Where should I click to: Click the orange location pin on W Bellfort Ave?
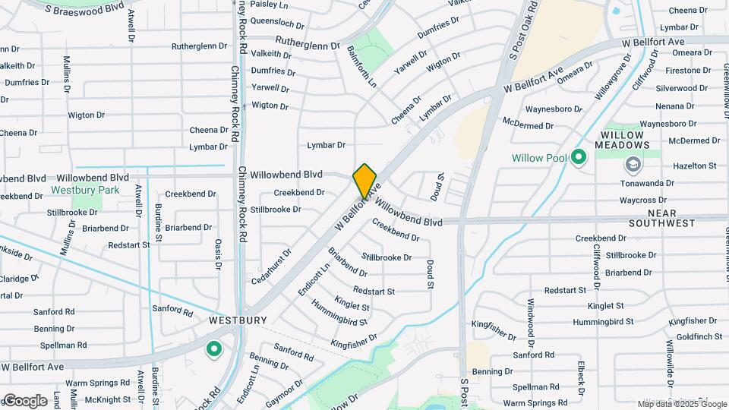pos(365,181)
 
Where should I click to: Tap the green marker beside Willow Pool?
pos(579,157)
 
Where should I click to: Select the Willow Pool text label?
pos(539,158)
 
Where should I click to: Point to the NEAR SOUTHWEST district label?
pos(661,218)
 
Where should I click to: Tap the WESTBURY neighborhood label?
pos(238,320)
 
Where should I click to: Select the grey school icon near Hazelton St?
pos(633,164)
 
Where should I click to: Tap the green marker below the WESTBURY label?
pos(214,349)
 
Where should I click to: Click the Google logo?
pos(24,400)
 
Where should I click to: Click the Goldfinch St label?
pos(699,336)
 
